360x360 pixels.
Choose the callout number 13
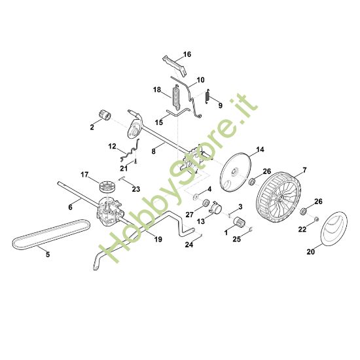[200, 222]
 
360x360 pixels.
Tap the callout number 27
[189, 214]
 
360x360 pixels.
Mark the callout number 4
[209, 189]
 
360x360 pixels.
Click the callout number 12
[113, 146]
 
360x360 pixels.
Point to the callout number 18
[157, 89]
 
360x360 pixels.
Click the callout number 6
[70, 207]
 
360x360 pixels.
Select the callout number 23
[136, 189]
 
